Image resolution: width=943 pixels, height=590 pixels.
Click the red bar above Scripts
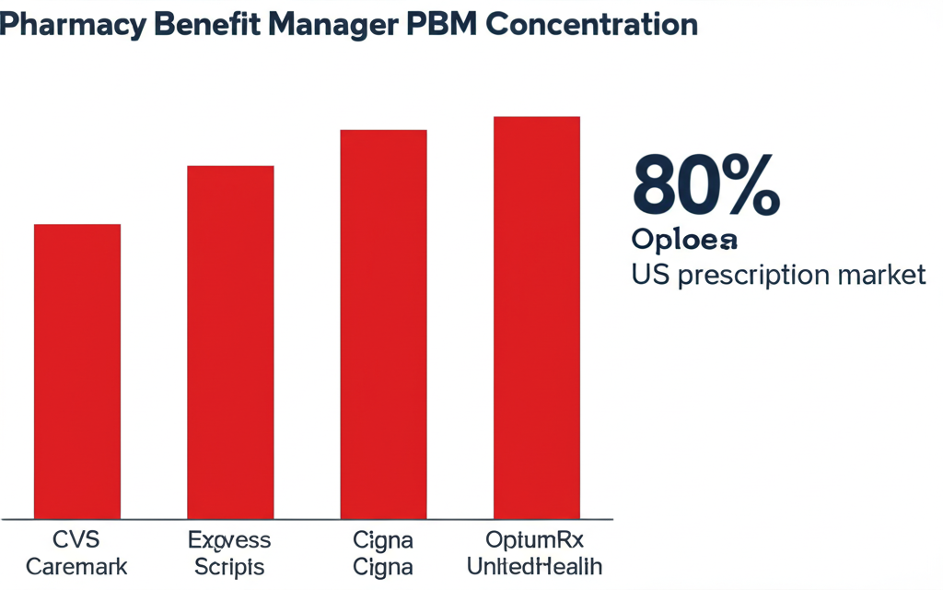230,341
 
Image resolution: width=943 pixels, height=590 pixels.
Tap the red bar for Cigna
383,324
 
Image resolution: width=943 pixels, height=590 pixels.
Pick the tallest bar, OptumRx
537,317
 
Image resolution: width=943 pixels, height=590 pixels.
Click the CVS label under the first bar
76,539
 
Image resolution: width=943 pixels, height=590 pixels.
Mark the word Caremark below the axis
76,566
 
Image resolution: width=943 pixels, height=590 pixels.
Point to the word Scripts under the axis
229,566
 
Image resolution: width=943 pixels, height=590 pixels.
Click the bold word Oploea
685,240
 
